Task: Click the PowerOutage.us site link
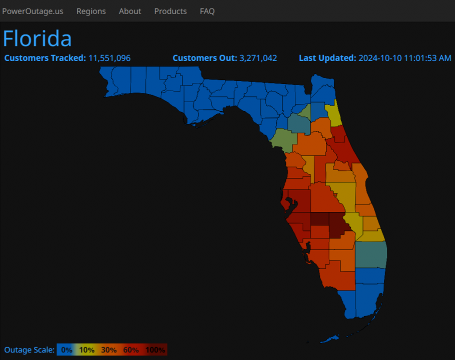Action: [32, 11]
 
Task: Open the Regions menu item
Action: [91, 11]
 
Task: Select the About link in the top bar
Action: [130, 11]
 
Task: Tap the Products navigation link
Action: [170, 11]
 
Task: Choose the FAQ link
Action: [207, 11]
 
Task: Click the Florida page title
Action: [37, 38]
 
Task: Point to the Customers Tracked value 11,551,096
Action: [109, 58]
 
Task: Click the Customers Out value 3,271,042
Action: [258, 58]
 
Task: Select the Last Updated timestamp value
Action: [404, 58]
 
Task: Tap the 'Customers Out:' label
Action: [205, 58]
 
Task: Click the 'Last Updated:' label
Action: [327, 58]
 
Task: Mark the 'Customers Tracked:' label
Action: [45, 58]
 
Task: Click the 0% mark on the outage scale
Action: [67, 350]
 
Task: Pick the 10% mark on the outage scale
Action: [87, 350]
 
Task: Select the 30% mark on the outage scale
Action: [109, 350]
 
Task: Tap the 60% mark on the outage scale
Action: [131, 350]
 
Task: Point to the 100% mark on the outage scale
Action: [155, 350]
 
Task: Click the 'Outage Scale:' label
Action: [29, 350]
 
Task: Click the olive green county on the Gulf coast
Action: [282, 140]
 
